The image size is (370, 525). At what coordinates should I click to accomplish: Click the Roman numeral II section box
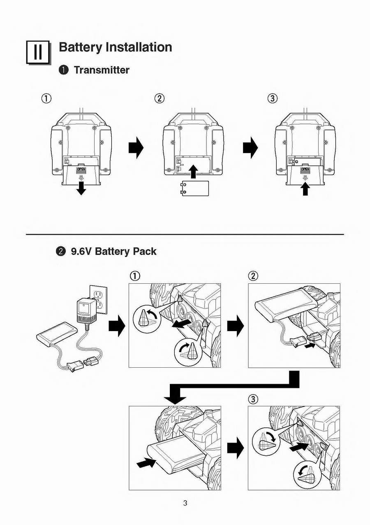coord(38,52)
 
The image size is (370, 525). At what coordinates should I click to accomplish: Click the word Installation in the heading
coord(139,47)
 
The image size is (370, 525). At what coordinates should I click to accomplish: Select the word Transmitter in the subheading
coord(102,70)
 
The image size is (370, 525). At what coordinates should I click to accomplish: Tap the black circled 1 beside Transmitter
coord(63,70)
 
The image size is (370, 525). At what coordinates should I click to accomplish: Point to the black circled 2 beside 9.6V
coord(61,251)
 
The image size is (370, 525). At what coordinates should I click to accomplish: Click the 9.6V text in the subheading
coord(81,251)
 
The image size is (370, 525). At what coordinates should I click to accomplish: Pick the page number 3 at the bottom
coord(185,503)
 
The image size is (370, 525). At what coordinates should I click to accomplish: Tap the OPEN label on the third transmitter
coord(305,169)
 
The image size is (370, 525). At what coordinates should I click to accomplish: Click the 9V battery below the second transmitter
coord(195,189)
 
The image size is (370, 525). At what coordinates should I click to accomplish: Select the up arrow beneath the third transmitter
coord(305,189)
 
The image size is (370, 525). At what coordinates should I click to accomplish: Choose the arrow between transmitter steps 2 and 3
coord(250,147)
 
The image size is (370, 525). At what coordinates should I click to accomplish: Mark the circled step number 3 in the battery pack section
coord(254,399)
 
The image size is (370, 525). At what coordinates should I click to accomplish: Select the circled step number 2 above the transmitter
coord(160,98)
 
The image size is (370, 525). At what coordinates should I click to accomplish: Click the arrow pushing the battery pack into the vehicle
coord(146,464)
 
